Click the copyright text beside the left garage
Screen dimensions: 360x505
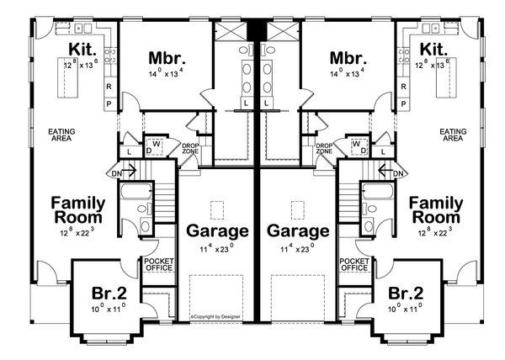click(x=215, y=317)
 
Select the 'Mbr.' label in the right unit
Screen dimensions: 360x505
click(x=347, y=58)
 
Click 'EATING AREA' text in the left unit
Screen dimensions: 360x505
click(x=61, y=134)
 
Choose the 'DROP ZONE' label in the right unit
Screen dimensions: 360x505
click(x=324, y=150)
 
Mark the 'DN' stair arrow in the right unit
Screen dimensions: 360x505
click(x=391, y=173)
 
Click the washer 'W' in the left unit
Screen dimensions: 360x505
click(x=157, y=143)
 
